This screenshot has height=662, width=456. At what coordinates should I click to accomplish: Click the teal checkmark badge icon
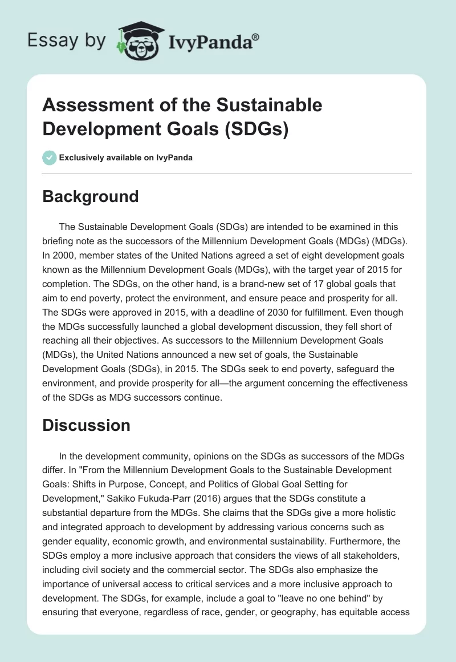point(50,158)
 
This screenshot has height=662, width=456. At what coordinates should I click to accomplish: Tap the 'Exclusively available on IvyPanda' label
point(127,158)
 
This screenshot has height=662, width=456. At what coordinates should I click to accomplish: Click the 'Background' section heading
point(91,196)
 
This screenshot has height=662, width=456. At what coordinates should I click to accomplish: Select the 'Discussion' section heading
point(87,425)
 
